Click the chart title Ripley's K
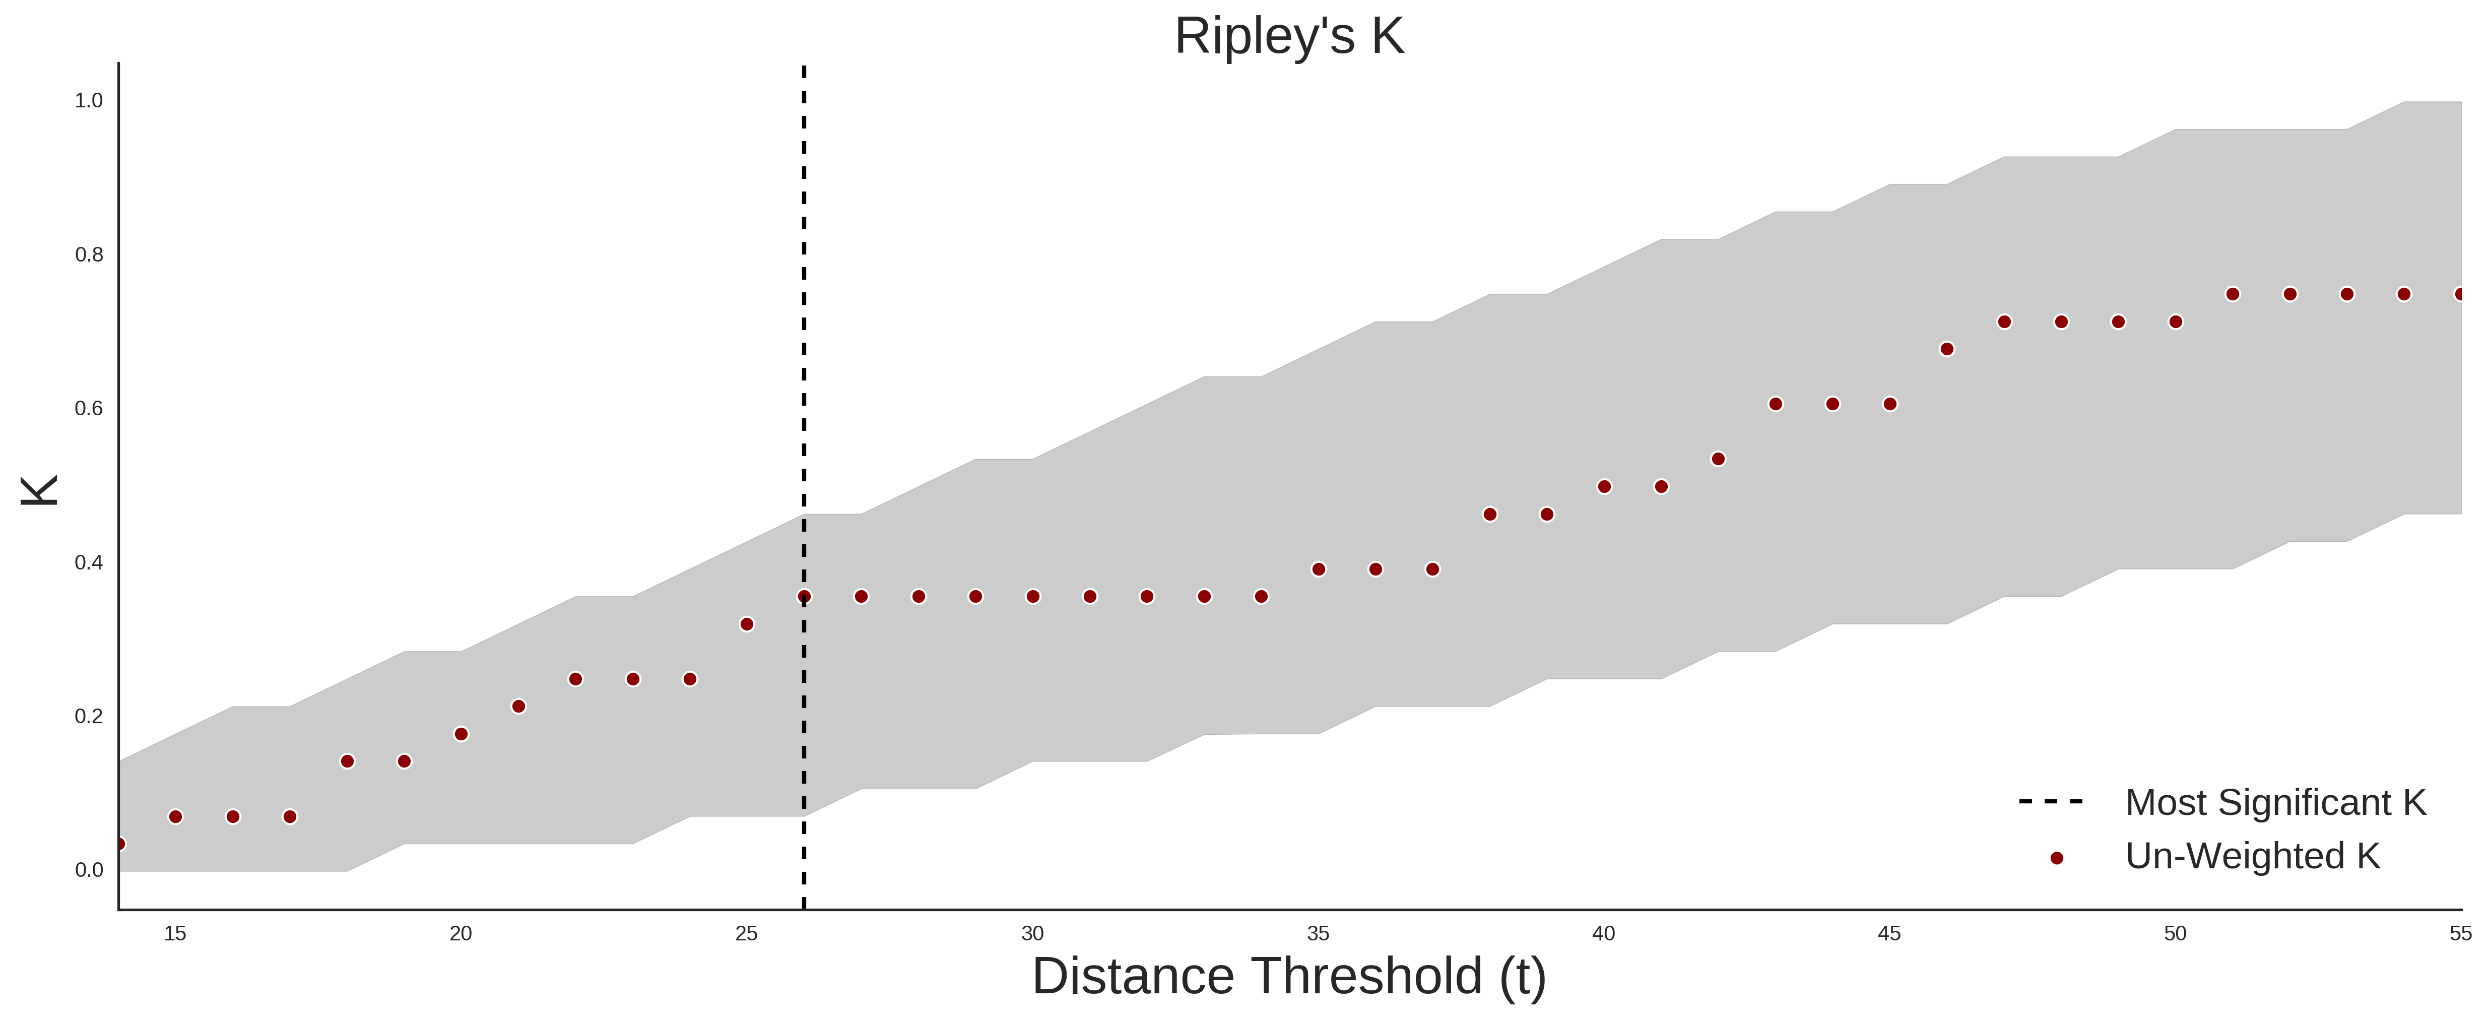(1289, 37)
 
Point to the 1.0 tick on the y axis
(89, 100)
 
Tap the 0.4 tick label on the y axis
(89, 562)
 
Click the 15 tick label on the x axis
(175, 933)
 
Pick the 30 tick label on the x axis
(1032, 933)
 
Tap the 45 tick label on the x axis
(1889, 933)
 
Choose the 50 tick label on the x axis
(2175, 933)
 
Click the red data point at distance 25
(747, 624)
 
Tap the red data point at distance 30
(1032, 597)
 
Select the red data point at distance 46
(1947, 349)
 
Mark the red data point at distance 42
(1718, 459)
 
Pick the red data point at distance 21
(518, 706)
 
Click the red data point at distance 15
(175, 816)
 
